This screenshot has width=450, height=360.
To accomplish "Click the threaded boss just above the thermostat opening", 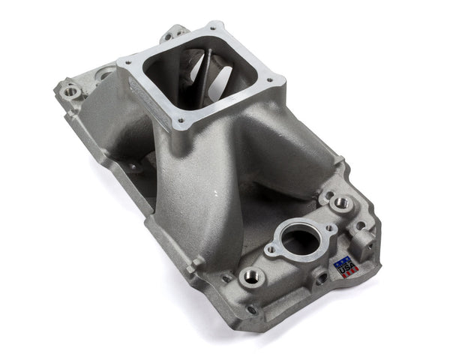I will [343, 202].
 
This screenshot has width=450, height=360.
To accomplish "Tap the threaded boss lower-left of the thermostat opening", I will [251, 277].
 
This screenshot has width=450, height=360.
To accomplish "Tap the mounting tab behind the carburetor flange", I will [174, 33].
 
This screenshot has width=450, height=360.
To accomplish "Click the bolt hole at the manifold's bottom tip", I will [252, 310].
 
